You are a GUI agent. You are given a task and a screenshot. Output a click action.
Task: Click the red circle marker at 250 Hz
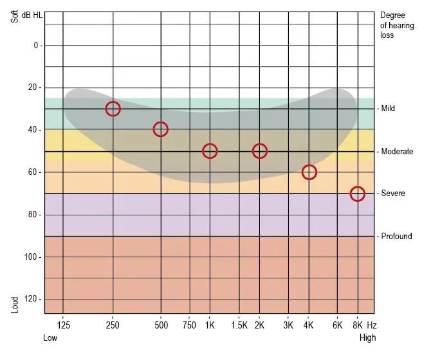113,109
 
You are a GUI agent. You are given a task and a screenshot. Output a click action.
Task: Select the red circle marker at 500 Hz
160,129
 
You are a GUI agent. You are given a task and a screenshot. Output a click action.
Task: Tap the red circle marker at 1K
210,151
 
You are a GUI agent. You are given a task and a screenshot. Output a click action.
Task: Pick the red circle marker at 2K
259,151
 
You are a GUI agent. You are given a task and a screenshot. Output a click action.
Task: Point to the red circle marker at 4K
309,172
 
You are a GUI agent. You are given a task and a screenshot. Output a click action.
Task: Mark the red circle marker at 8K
358,194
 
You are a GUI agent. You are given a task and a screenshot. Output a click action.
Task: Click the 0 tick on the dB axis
36,46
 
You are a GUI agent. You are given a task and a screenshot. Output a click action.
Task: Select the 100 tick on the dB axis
33,257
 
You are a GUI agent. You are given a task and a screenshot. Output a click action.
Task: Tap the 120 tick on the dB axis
33,300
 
